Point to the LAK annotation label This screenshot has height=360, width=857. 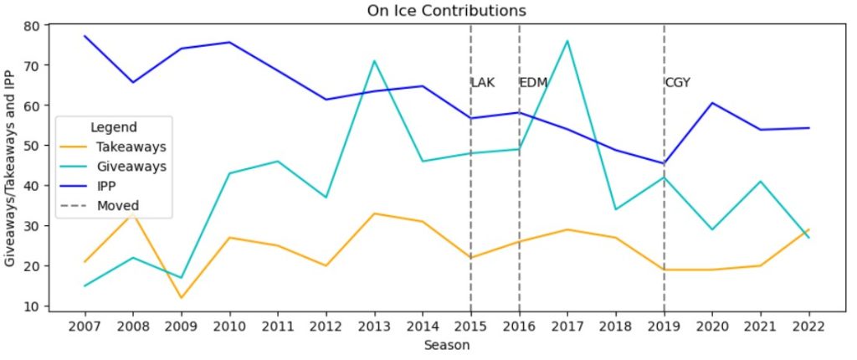tap(483, 83)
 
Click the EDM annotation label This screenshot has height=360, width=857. tap(533, 83)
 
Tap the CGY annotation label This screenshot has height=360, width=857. tap(678, 83)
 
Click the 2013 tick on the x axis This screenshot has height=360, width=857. tap(374, 327)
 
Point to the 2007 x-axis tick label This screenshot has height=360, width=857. tap(85, 327)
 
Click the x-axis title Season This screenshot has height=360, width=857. tap(447, 345)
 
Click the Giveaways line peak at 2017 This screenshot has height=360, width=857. tap(567, 41)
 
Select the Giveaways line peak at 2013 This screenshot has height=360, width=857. tap(374, 61)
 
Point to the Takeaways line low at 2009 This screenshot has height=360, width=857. tap(181, 298)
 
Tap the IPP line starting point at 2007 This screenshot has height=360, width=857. tap(85, 36)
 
